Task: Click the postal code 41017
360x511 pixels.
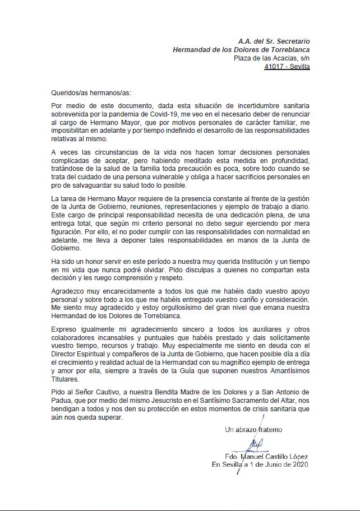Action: click(x=274, y=66)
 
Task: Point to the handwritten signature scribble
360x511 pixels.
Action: click(x=254, y=445)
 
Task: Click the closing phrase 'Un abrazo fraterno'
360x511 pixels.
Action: click(x=253, y=430)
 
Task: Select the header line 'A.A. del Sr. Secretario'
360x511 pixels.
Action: click(x=273, y=41)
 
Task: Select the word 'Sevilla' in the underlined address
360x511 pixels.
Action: click(x=298, y=66)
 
